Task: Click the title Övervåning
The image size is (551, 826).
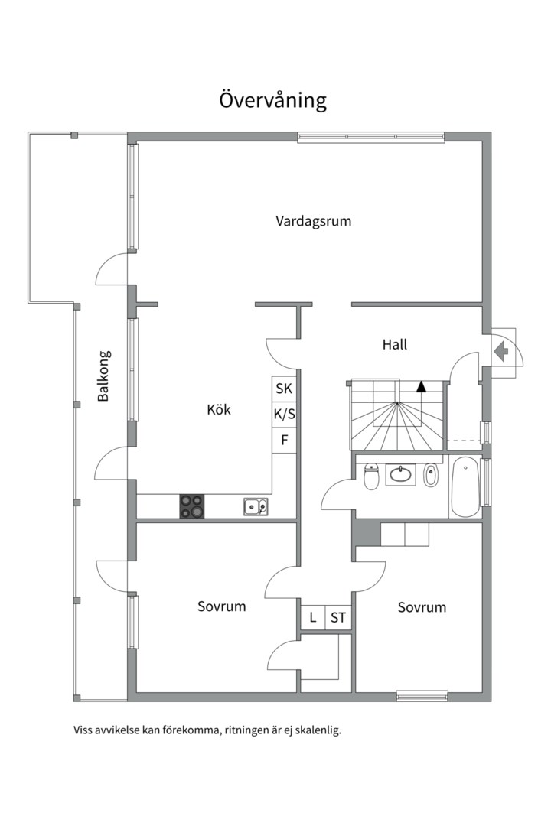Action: click(x=272, y=100)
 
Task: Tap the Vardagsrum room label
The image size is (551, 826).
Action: click(x=313, y=221)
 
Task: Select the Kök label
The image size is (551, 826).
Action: click(x=219, y=409)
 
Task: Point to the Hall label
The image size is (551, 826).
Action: click(x=395, y=344)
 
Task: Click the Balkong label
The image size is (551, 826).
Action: click(x=103, y=376)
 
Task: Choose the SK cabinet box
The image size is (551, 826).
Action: click(x=284, y=389)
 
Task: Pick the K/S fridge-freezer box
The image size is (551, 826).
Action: click(x=284, y=415)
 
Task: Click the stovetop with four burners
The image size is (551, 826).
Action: click(x=192, y=506)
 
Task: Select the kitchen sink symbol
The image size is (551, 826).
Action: click(x=256, y=507)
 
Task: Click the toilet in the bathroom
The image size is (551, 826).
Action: click(x=372, y=476)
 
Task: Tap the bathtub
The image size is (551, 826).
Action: click(x=465, y=487)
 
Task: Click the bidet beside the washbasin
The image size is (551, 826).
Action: click(x=431, y=475)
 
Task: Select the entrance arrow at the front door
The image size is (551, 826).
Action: click(x=501, y=351)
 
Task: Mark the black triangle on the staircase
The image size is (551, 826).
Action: click(x=421, y=387)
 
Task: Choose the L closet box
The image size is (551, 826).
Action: click(x=313, y=617)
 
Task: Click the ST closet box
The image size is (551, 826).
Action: click(x=338, y=617)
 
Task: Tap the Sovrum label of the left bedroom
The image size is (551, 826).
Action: click(x=221, y=606)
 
